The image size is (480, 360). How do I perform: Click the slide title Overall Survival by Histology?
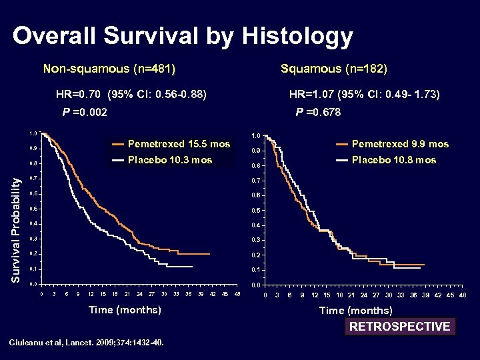[x=183, y=37]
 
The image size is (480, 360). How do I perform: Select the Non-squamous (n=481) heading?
[x=114, y=69]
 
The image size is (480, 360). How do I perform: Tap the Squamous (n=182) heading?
[x=334, y=69]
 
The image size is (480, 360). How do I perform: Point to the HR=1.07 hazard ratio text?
[x=364, y=95]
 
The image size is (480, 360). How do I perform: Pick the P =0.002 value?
[x=85, y=113]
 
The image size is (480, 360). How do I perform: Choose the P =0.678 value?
[x=318, y=113]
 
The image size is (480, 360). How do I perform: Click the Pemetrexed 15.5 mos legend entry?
[x=179, y=144]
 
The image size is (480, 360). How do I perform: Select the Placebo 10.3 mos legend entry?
[x=169, y=160]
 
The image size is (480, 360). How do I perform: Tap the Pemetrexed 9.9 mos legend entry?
[x=400, y=144]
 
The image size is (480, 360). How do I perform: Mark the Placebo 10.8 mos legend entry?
[x=393, y=160]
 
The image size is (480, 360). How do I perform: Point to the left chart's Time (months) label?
[x=125, y=309]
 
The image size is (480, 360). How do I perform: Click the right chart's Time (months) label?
[x=356, y=311]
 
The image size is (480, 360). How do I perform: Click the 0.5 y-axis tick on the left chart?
[x=33, y=209]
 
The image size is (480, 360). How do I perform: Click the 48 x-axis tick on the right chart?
[x=463, y=295]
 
